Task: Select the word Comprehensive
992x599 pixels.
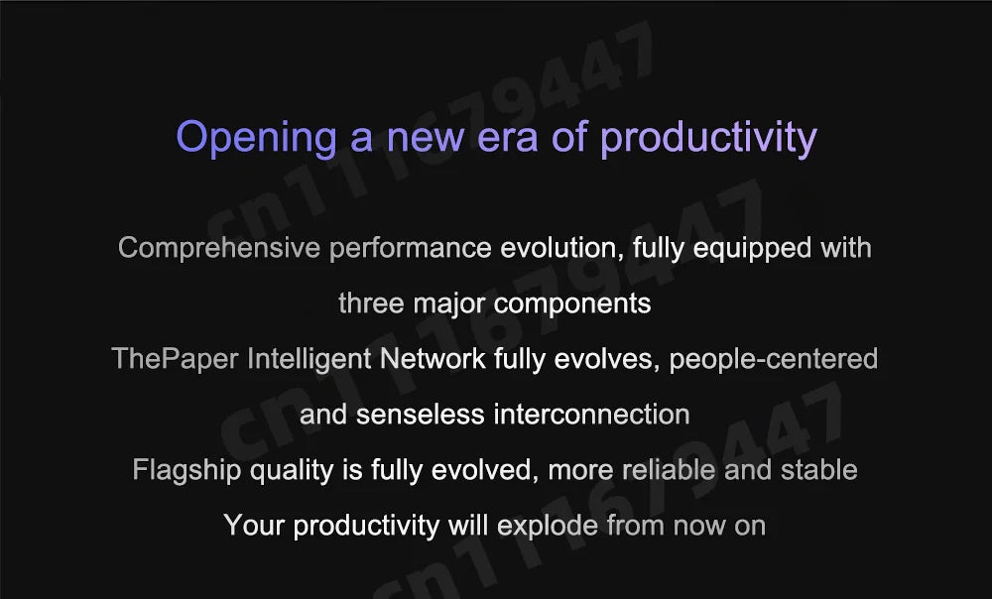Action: [x=219, y=248]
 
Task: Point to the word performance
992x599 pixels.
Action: [x=410, y=248]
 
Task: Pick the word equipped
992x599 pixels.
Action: [x=752, y=248]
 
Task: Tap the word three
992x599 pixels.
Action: [x=371, y=303]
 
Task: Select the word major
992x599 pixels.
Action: [x=449, y=304]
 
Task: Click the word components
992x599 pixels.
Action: [x=572, y=304]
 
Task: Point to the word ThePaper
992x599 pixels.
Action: [x=176, y=359]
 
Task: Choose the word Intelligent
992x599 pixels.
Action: [x=309, y=359]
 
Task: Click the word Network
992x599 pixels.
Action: [x=433, y=359]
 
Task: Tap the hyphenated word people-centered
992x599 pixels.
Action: [x=773, y=359]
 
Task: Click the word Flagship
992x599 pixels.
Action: [x=186, y=470]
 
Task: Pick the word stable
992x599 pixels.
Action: [x=818, y=469]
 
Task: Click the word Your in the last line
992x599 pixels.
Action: [x=254, y=526]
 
